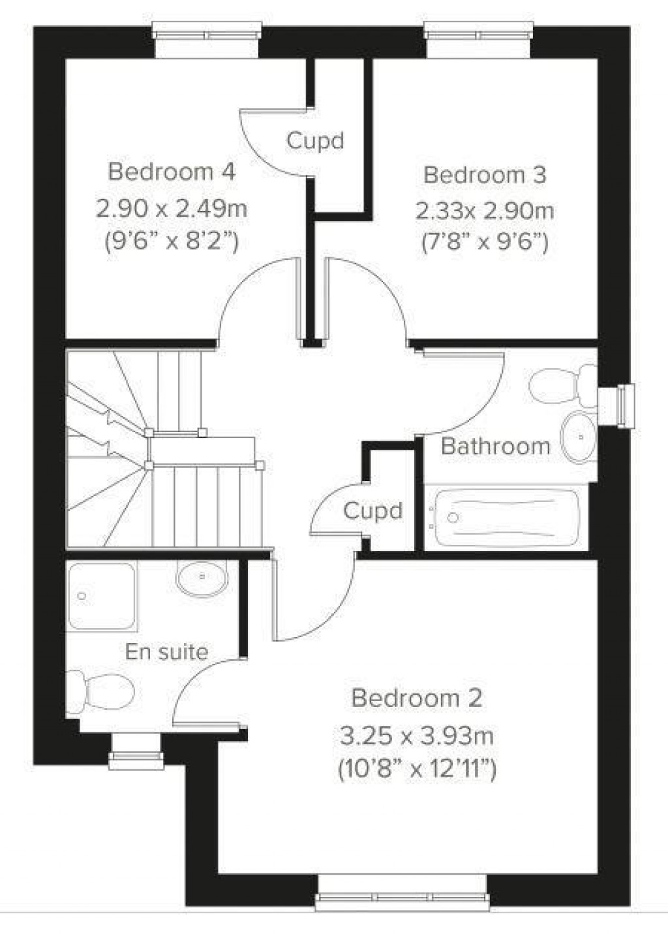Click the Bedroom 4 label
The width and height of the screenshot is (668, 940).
tap(172, 172)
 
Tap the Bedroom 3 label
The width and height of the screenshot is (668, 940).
tap(485, 175)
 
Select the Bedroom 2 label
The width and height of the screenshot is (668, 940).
tap(417, 698)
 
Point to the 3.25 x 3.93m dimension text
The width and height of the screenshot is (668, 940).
tap(417, 736)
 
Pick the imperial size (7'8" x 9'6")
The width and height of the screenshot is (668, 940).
tap(485, 243)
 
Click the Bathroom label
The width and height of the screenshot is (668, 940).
tap(496, 446)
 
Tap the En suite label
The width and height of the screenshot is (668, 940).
tap(167, 651)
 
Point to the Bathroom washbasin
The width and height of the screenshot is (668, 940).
tap(578, 437)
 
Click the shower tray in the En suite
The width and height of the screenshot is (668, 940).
tap(102, 596)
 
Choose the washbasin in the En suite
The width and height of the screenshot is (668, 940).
tap(202, 578)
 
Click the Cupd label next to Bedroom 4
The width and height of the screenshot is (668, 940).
tap(316, 141)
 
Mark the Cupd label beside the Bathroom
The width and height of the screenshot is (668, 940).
tap(373, 511)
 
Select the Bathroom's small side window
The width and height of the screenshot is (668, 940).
tap(619, 406)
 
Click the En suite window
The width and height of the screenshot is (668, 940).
tap(136, 751)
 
